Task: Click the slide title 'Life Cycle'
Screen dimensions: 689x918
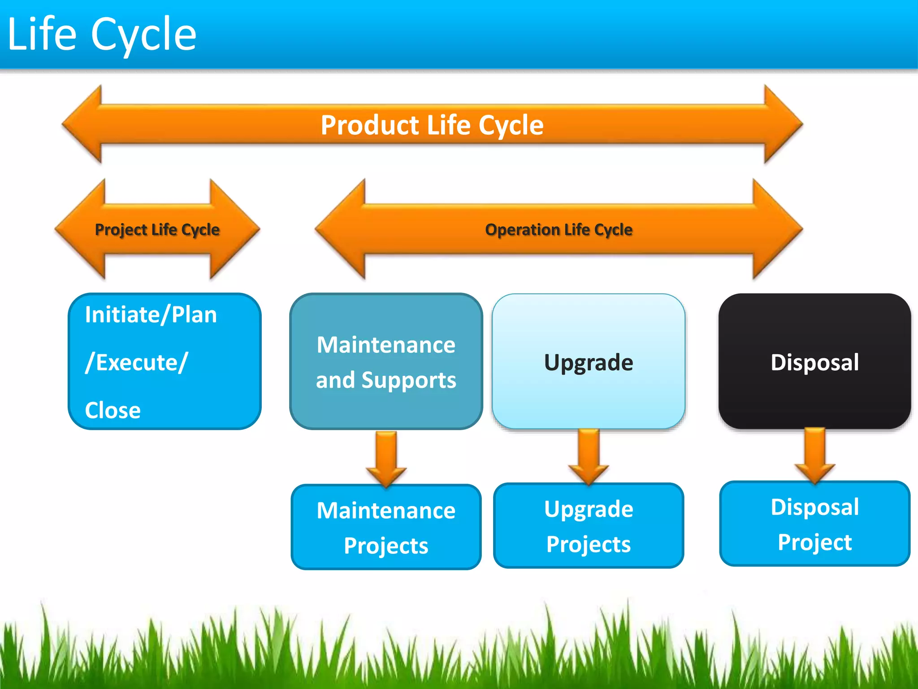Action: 102,34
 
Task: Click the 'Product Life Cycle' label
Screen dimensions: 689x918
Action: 432,125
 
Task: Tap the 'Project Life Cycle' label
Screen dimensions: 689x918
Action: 157,229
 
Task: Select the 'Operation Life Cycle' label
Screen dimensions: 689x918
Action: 559,229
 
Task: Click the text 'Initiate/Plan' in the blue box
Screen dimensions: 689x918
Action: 151,314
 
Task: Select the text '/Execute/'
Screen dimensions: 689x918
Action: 136,362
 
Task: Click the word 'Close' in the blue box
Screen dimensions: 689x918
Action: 113,410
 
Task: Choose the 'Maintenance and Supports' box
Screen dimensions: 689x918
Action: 386,362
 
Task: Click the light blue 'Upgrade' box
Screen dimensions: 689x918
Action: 589,362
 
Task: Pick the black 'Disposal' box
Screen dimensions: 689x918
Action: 814,362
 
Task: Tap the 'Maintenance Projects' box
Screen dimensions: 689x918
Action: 386,527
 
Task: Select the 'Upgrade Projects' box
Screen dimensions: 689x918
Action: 589,526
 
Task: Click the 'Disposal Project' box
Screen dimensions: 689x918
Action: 814,523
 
